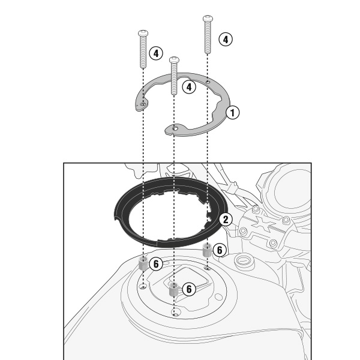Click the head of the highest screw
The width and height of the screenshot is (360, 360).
click(208, 19)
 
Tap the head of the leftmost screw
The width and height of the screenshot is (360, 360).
click(143, 33)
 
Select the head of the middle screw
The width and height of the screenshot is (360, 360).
click(174, 59)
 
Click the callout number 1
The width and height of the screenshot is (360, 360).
click(233, 113)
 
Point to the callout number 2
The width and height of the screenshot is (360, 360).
click(226, 219)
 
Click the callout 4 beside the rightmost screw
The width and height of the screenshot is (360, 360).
click(226, 40)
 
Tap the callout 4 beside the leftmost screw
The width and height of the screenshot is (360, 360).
click(156, 53)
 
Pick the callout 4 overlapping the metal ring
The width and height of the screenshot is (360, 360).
click(189, 87)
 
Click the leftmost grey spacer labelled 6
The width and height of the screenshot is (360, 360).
click(143, 264)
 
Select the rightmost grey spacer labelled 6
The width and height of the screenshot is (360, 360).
click(207, 250)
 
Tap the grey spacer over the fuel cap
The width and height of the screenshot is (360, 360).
click(174, 289)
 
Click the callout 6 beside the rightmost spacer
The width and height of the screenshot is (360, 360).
click(220, 250)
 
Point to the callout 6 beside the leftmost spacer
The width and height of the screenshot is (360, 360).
click(156, 264)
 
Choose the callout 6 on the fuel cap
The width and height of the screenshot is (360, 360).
click(189, 289)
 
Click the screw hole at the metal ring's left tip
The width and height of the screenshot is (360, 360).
click(143, 104)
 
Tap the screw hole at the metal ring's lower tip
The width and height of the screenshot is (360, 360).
click(175, 128)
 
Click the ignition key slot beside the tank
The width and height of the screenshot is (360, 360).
click(244, 260)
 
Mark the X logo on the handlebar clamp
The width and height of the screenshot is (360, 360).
click(264, 223)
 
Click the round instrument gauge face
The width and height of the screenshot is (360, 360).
click(293, 189)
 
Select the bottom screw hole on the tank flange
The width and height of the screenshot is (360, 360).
click(176, 313)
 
